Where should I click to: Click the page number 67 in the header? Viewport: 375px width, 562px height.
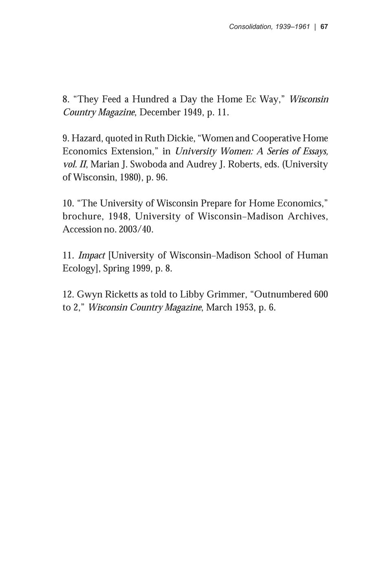click(324, 27)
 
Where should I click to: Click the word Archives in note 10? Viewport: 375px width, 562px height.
click(308, 216)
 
